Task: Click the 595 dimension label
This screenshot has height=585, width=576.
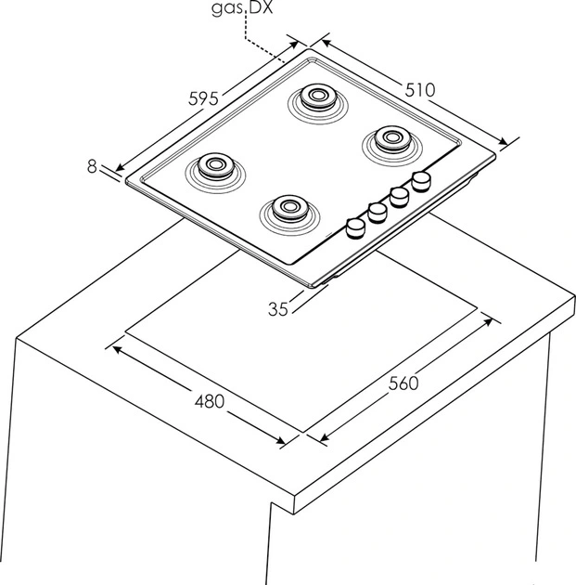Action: tap(203, 98)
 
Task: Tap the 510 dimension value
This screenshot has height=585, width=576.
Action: tap(420, 90)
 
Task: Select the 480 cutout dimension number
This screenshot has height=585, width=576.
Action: tap(210, 401)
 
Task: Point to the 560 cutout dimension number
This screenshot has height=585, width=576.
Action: tap(403, 383)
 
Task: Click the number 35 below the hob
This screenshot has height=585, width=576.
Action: tap(278, 309)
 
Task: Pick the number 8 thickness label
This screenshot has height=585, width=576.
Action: tap(92, 166)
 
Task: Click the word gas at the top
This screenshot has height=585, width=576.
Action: tap(227, 8)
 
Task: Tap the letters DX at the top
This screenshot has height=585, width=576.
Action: tap(261, 7)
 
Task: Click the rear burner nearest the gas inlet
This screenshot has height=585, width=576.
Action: tap(318, 102)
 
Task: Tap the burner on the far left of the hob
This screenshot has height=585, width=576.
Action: tap(215, 172)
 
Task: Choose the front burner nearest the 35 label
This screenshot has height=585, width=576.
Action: tap(290, 214)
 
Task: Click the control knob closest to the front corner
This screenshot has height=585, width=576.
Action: tap(355, 227)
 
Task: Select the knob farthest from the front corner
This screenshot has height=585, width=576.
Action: tap(421, 181)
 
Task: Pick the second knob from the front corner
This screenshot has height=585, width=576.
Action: tap(378, 213)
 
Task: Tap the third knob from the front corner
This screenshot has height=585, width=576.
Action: tap(399, 197)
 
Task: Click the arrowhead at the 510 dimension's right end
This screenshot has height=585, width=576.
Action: tap(503, 141)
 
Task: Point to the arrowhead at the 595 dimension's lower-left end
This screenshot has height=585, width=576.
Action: tap(120, 167)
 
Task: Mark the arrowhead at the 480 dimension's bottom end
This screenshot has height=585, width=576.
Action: tap(280, 440)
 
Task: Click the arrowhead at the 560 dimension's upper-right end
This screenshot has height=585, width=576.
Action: tap(489, 322)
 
